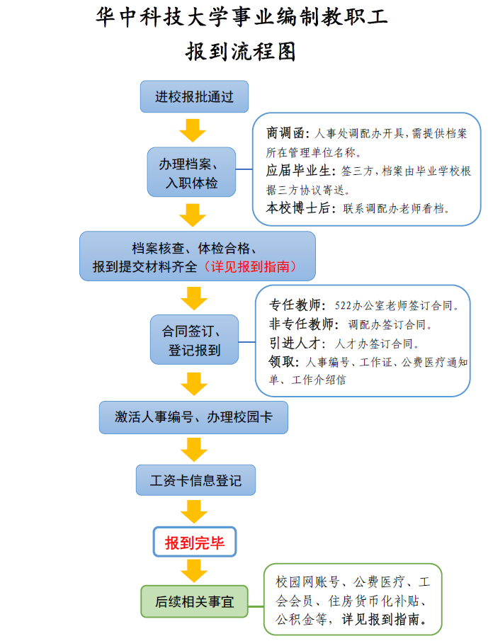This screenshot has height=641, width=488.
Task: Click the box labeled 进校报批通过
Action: [x=194, y=96]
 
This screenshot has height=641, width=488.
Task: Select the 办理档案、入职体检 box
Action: [x=191, y=172]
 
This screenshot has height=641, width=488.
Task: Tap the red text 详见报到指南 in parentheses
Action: [x=250, y=267]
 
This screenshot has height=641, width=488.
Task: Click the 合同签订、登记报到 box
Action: [x=194, y=340]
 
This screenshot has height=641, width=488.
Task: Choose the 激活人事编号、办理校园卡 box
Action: [x=193, y=417]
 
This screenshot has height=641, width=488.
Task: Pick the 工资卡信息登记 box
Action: [x=195, y=480]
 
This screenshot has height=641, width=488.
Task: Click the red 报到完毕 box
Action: [x=195, y=542]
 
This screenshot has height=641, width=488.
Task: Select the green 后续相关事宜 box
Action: [x=194, y=601]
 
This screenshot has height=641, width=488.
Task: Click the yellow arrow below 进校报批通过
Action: [x=193, y=130]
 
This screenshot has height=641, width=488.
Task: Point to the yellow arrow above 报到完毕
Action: [x=194, y=511]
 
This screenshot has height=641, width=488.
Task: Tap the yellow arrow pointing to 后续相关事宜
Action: [x=194, y=571]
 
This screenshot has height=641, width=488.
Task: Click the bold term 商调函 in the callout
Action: [x=285, y=133]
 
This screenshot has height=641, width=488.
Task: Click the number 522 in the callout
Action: [x=343, y=305]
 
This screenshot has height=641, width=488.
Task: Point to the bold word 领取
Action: [x=282, y=362]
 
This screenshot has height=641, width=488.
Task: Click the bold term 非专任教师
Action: [x=301, y=324]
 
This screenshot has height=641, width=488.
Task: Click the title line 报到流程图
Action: [x=241, y=52]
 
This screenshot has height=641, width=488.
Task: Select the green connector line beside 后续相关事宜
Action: [x=256, y=606]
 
